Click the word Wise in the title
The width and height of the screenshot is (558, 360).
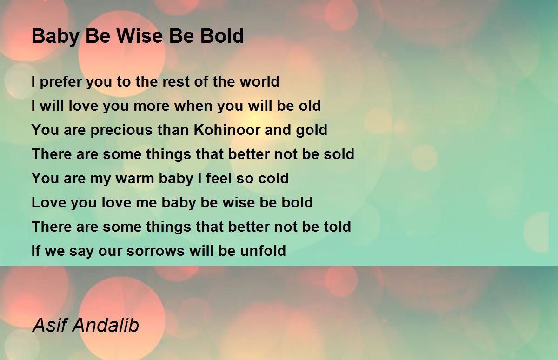140,36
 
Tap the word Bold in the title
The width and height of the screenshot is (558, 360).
222,36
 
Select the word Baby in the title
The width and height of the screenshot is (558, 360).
55,37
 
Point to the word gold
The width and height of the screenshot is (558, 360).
312,131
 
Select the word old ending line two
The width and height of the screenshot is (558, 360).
310,106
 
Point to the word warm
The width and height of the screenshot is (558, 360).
135,179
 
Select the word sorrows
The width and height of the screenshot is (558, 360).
155,251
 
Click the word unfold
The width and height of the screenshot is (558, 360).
263,250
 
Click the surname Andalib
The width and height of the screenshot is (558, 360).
106,325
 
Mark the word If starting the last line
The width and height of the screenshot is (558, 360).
36,250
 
